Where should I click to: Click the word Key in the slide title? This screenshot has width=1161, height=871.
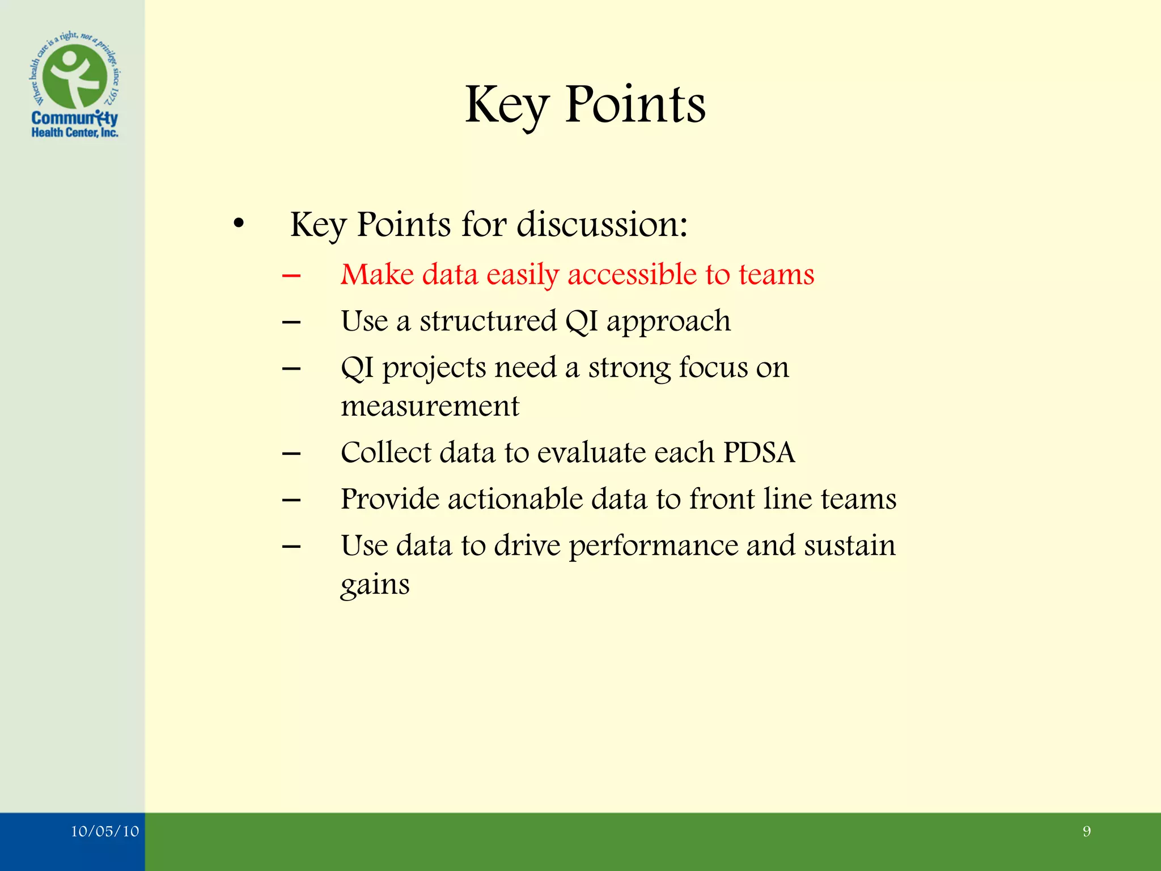click(x=506, y=106)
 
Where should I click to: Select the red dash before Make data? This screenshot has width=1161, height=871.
click(x=291, y=276)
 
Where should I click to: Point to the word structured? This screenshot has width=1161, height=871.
click(x=488, y=322)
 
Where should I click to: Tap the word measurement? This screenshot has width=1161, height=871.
click(x=430, y=406)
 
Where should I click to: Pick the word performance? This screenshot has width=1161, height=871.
click(x=653, y=546)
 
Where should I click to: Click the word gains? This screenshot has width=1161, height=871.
click(x=375, y=585)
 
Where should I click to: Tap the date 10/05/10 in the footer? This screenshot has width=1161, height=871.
click(x=105, y=831)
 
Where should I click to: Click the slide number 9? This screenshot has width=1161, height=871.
click(x=1086, y=831)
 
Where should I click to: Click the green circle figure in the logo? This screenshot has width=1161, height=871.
click(x=75, y=77)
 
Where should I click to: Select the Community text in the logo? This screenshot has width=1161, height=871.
click(x=74, y=118)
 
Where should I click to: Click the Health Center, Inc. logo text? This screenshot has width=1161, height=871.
click(x=74, y=133)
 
